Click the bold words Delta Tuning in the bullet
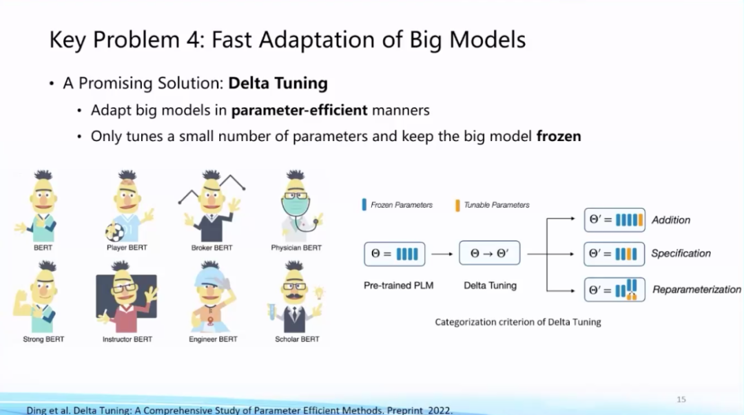[x=278, y=83]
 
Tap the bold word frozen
[x=559, y=136]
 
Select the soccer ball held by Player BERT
[x=114, y=233]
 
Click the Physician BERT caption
[x=296, y=248]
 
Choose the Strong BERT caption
[x=43, y=339]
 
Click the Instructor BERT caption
[x=127, y=339]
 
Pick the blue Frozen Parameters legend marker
[x=364, y=204]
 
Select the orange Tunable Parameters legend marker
[x=457, y=205]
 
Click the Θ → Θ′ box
[x=489, y=253]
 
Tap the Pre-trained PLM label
[x=399, y=286]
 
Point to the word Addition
[x=670, y=220]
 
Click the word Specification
[x=681, y=253]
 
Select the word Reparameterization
[x=696, y=289]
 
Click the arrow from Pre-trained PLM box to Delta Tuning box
[x=442, y=254]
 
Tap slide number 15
[x=681, y=399]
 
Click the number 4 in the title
[x=193, y=39]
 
